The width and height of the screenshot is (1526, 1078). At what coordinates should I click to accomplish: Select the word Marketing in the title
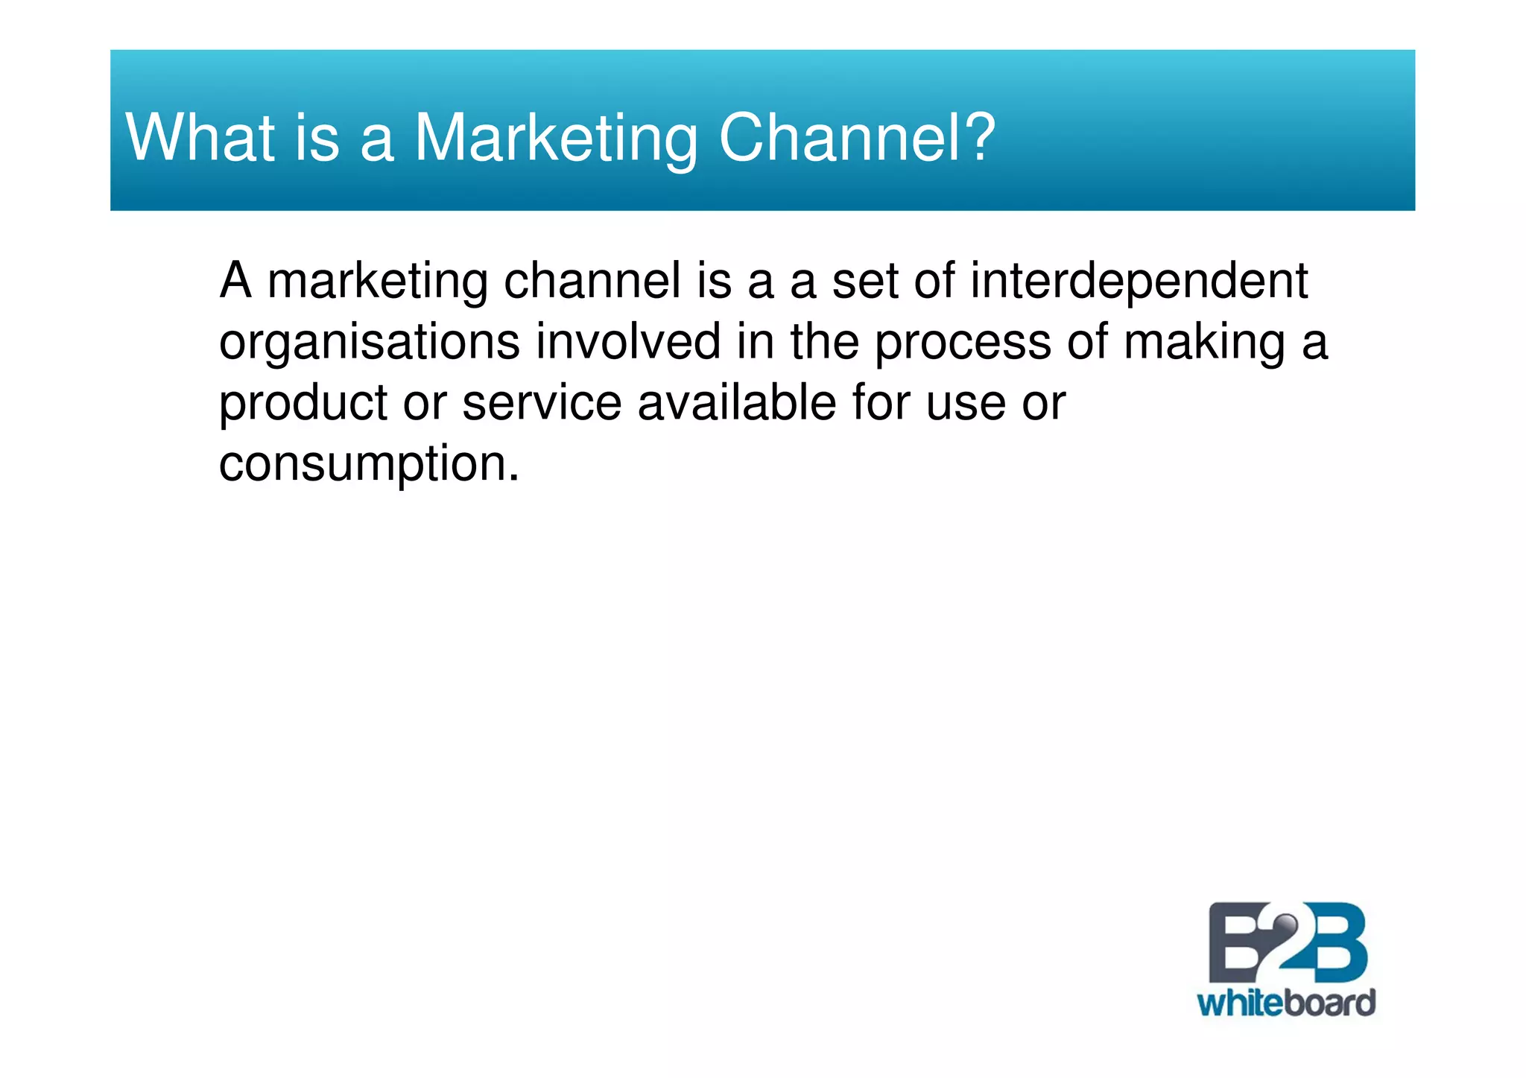(556, 139)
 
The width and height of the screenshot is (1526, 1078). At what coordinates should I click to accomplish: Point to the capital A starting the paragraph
(235, 281)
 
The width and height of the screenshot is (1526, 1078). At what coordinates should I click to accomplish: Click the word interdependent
(1139, 281)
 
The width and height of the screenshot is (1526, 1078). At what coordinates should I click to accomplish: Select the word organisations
(369, 343)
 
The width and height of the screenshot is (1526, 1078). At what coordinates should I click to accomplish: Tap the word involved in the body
(627, 342)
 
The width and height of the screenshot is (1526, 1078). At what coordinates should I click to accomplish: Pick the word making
(1204, 343)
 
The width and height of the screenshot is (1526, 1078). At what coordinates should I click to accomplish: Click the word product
(303, 403)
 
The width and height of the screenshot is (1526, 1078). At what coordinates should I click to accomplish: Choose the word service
(542, 403)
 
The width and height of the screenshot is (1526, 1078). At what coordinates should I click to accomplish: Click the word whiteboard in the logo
(1286, 1004)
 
